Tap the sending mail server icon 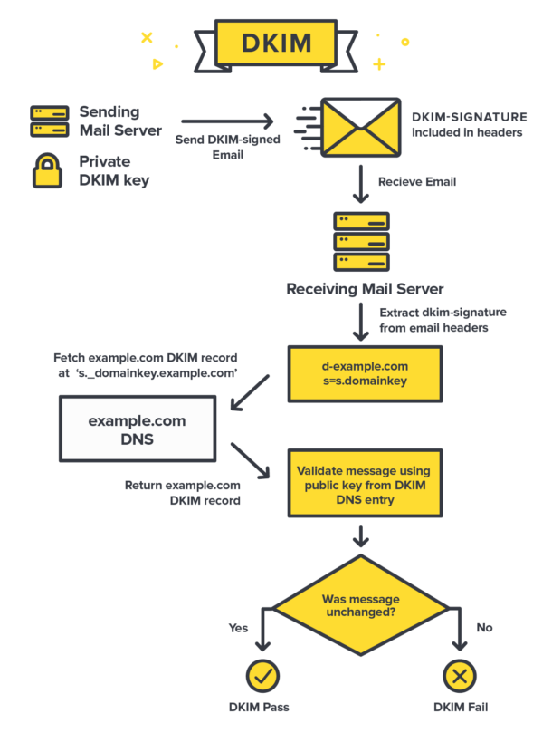(49, 121)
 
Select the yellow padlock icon (47, 169)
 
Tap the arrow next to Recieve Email (360, 183)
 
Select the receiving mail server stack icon (361, 241)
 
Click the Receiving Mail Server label (365, 289)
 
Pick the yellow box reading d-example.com (365, 373)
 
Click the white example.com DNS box (137, 430)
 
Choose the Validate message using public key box (365, 485)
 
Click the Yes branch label (238, 627)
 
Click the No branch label (484, 627)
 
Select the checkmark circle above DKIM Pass (262, 675)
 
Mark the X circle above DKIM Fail (459, 675)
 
